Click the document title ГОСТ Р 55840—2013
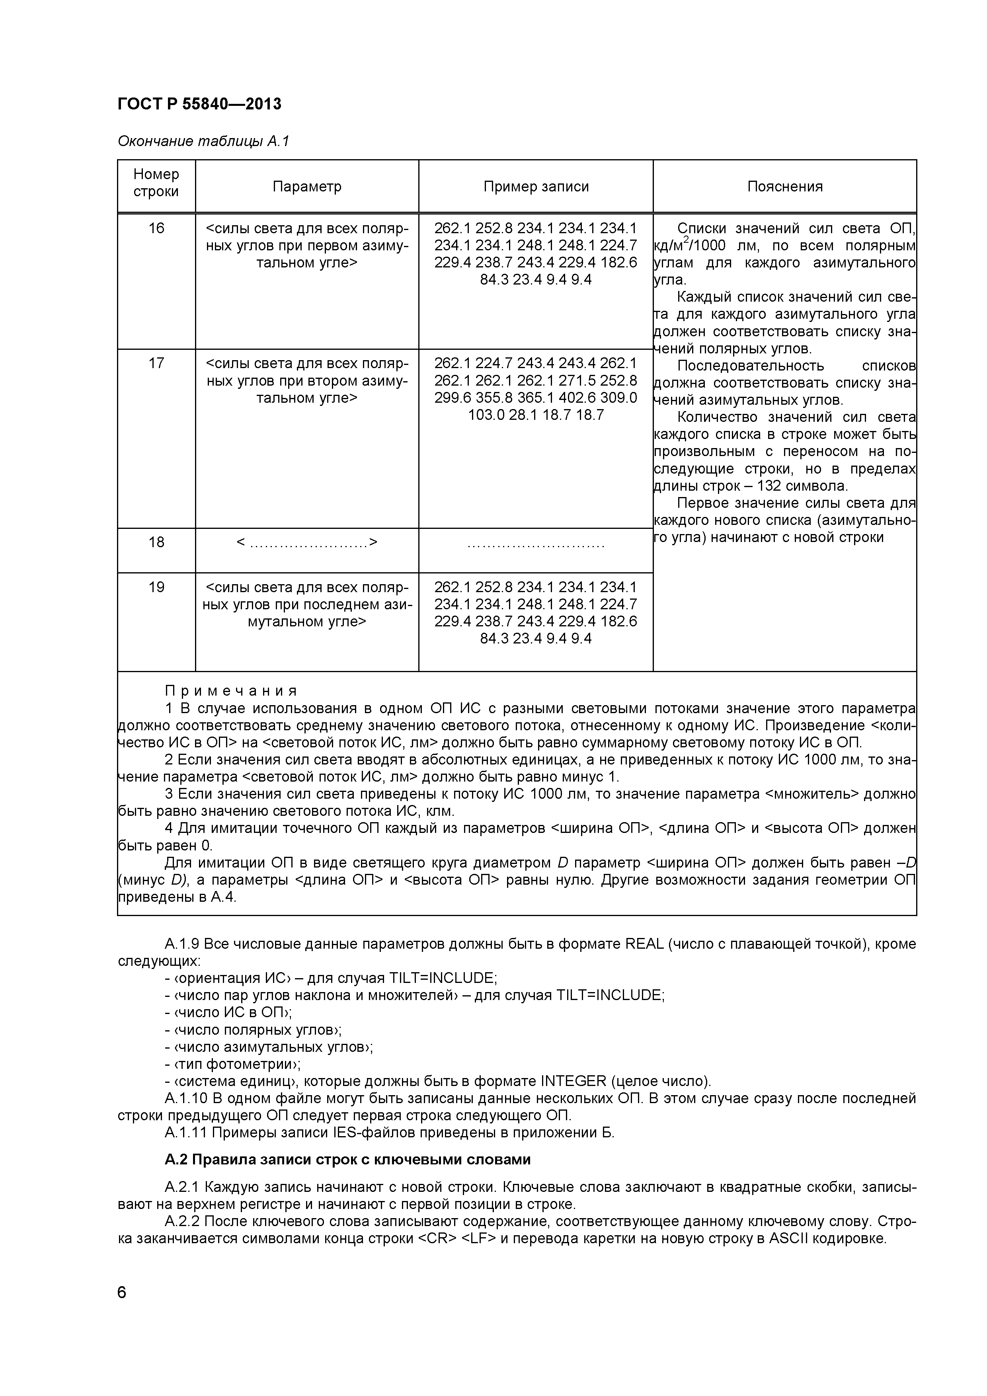point(199,104)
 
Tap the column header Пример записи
point(536,187)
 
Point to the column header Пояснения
point(784,187)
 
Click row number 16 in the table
point(156,228)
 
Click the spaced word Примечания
point(231,691)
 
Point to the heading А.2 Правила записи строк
point(347,1160)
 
